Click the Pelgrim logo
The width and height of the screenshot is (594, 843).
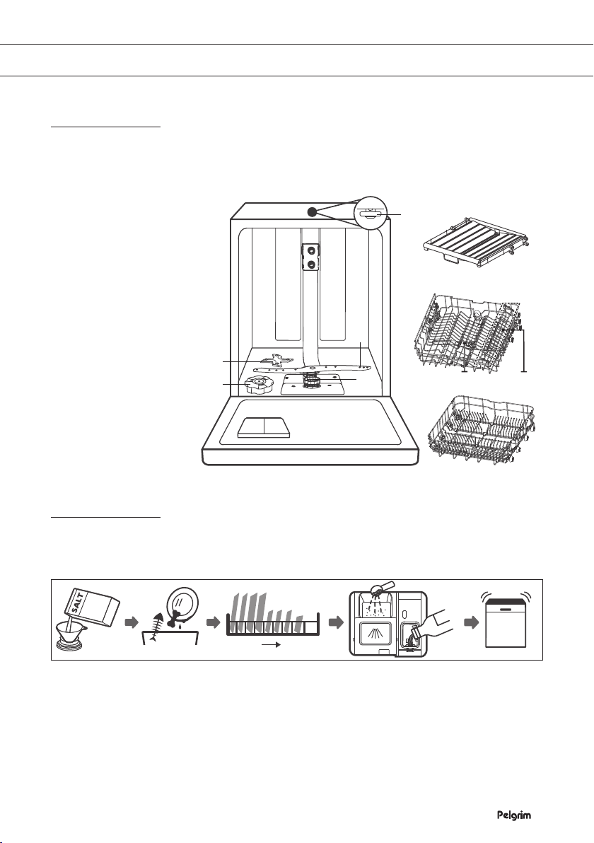click(x=513, y=815)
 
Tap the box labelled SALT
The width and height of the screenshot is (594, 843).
click(x=91, y=607)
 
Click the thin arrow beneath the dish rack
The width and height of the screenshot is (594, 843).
click(x=272, y=645)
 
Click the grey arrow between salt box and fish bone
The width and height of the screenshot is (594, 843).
click(x=131, y=622)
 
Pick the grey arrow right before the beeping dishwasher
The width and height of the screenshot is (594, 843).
click(x=471, y=622)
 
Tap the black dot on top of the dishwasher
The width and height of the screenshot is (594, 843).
click(x=312, y=212)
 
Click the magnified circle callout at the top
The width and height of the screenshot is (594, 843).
click(x=371, y=213)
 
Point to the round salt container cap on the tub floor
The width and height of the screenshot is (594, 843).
click(x=259, y=385)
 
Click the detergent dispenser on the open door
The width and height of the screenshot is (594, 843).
click(x=264, y=428)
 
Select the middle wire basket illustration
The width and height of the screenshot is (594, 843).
click(x=467, y=333)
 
